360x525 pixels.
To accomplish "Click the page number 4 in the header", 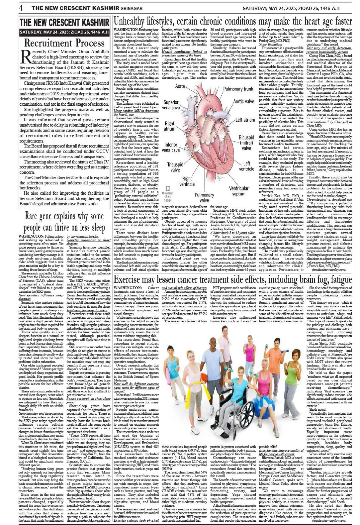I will coord(21,8).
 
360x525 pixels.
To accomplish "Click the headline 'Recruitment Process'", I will coord(64,43).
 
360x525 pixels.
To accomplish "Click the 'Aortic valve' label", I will coord(243,102).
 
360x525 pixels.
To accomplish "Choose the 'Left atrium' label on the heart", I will coord(245,120).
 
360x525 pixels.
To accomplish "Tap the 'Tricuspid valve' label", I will coord(175,167).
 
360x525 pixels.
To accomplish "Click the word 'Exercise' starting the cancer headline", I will coord(127,279).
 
